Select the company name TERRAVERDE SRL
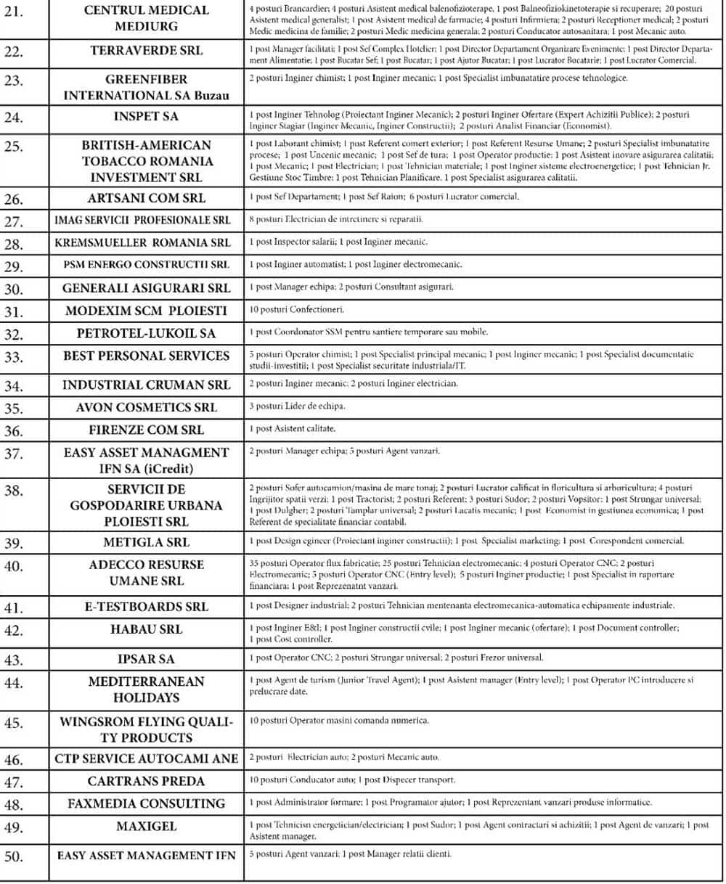tap(147, 51)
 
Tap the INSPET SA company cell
tap(146, 116)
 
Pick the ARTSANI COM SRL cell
tap(147, 198)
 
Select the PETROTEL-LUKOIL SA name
tap(146, 333)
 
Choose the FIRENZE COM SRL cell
tap(147, 430)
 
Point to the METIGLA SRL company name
tap(146, 542)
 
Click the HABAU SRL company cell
tap(146, 629)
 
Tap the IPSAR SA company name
tap(146, 659)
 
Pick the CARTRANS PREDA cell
tap(146, 781)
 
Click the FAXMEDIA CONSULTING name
tap(146, 803)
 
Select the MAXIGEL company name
tap(146, 827)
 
